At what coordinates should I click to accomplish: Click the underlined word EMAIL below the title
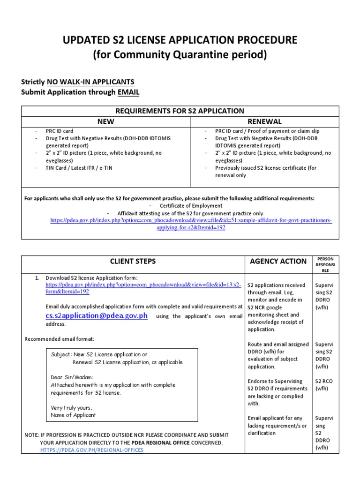point(128,92)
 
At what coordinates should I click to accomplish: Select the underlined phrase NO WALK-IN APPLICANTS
point(91,82)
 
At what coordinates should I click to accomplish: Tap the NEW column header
point(106,121)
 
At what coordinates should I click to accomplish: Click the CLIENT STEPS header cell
point(133,261)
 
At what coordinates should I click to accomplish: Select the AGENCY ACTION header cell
point(278,261)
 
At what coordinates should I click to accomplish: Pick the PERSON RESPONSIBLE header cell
point(325,265)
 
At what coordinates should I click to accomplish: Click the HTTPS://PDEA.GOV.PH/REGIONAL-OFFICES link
point(91,450)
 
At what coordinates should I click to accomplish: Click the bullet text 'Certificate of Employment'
point(191,206)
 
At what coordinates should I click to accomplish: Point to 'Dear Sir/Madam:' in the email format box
point(72,377)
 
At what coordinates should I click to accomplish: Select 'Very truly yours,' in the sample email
point(72,407)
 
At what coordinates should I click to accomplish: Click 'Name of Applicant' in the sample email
point(73,415)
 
